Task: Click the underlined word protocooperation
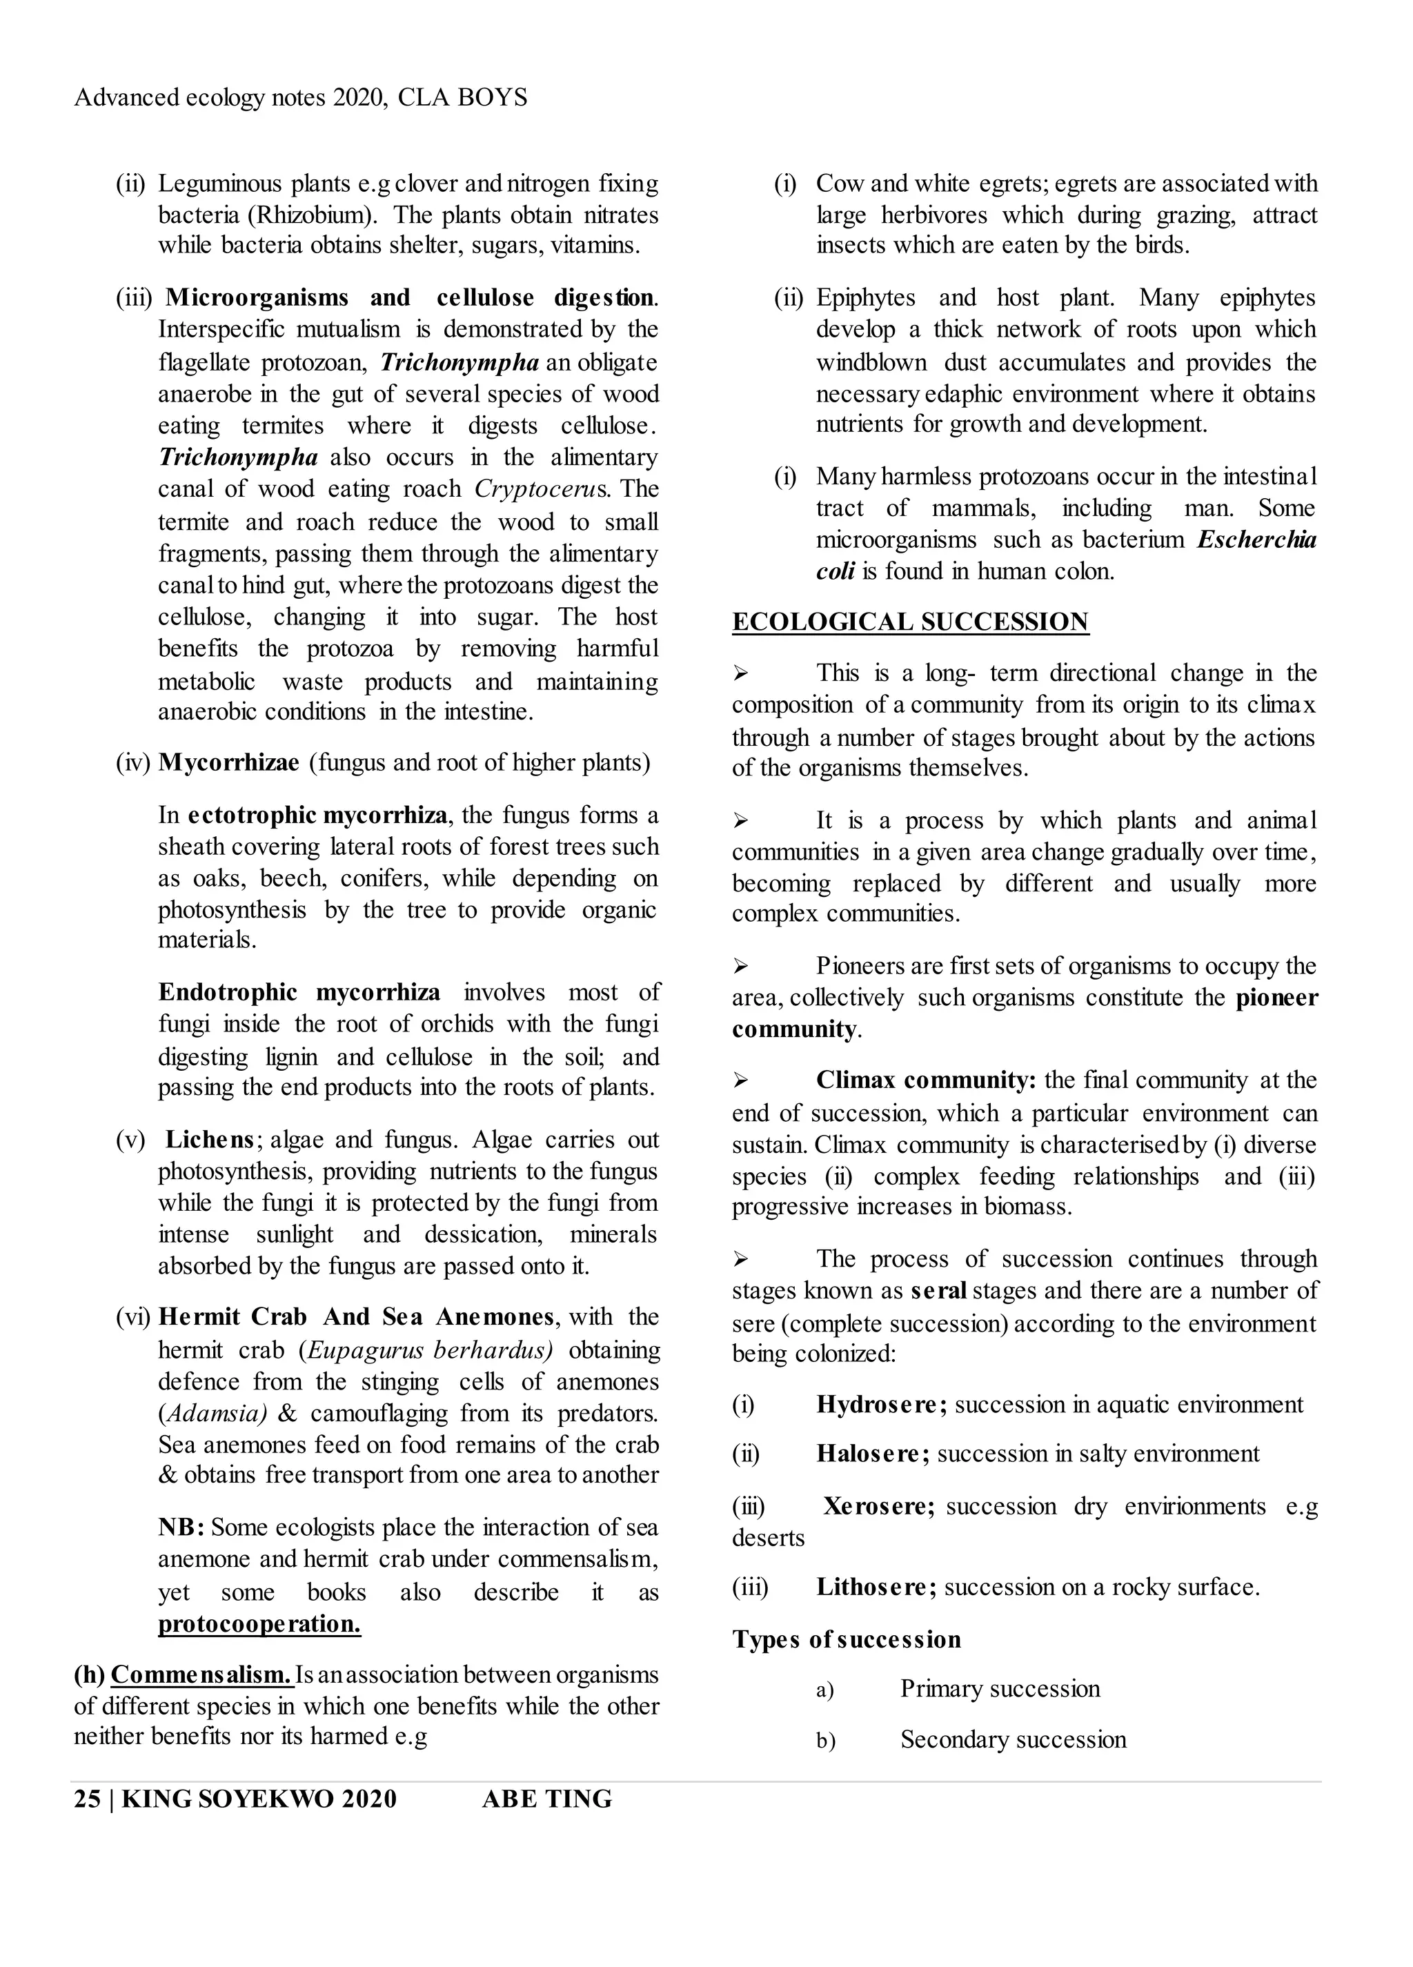[259, 1623]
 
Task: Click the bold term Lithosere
[874, 1587]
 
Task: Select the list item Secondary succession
[1012, 1739]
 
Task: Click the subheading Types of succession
[846, 1639]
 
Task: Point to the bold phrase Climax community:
[925, 1080]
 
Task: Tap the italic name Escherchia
[1256, 540]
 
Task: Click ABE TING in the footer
[546, 1799]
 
